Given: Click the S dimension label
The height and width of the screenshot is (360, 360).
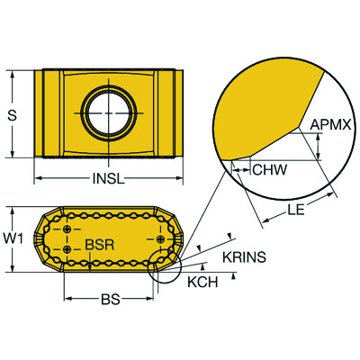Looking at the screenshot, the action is click(x=12, y=115).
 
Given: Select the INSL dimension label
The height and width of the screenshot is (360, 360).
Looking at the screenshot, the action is click(x=108, y=179).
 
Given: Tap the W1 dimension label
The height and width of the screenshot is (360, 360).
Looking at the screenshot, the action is click(x=13, y=239).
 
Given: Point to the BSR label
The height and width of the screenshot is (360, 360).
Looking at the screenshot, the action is click(x=100, y=245).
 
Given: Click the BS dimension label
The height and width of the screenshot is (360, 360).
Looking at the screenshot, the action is click(x=110, y=299).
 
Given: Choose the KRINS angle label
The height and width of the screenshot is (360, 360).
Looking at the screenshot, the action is click(x=244, y=257).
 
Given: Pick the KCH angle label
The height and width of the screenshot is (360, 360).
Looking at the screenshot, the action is click(x=202, y=282).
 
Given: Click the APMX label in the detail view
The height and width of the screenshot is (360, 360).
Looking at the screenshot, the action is click(x=330, y=124).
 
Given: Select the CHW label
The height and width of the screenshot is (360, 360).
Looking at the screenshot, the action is click(x=270, y=170).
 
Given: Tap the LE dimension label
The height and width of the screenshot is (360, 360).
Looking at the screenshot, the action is click(x=296, y=210).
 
